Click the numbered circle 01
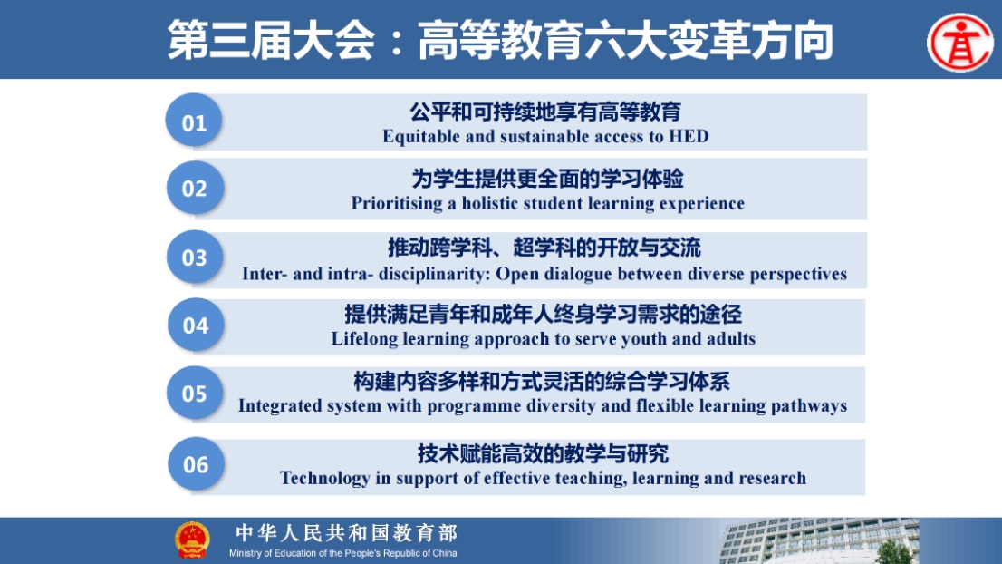tap(194, 121)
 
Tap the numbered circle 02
tap(194, 188)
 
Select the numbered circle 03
tap(194, 257)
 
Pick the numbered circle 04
tap(196, 325)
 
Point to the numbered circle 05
tap(194, 393)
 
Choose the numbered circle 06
tap(196, 463)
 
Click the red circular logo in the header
tap(959, 43)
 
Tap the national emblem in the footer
tap(192, 540)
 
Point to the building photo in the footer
tap(819, 541)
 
